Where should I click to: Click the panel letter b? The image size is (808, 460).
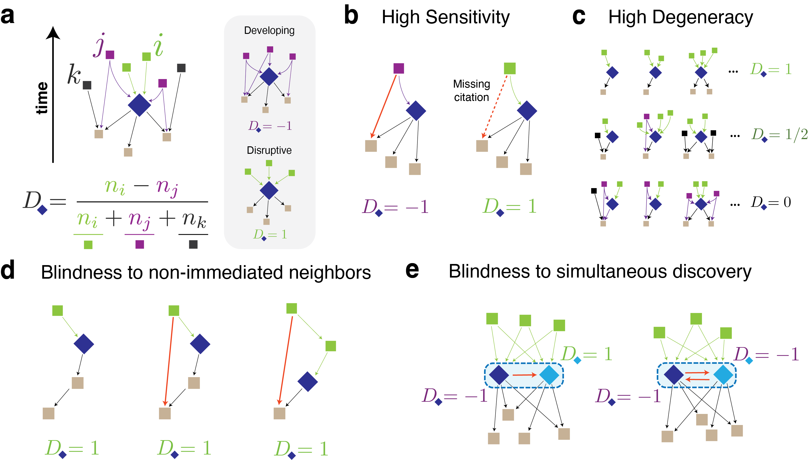[x=351, y=16]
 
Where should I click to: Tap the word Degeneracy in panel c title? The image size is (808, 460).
[x=702, y=17]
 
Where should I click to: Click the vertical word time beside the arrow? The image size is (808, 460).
[x=42, y=98]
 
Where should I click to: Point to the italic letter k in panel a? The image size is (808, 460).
[x=74, y=75]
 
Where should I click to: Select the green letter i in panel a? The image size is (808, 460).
[x=159, y=46]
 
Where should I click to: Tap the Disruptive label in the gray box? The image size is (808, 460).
[x=269, y=150]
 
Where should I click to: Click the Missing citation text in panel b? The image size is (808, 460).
[x=471, y=91]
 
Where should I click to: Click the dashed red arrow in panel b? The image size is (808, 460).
[x=495, y=106]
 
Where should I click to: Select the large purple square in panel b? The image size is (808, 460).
[x=398, y=68]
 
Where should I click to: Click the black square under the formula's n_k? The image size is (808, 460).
[x=193, y=244]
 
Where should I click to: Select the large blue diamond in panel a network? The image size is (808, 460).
[x=139, y=105]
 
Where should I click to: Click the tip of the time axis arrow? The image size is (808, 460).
[x=53, y=28]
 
